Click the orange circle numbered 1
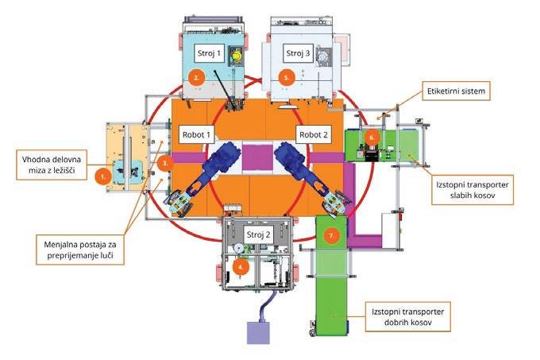[x=101, y=176]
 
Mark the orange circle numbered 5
[x=287, y=77]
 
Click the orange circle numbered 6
[x=372, y=137]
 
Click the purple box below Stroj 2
[x=259, y=331]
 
